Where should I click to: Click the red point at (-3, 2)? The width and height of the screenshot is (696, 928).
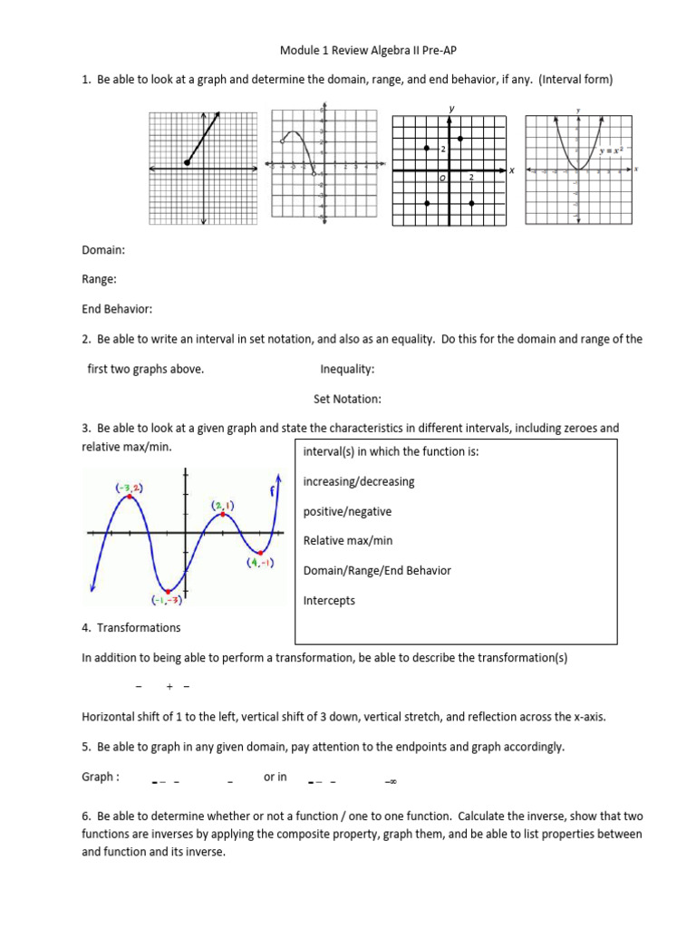(x=130, y=497)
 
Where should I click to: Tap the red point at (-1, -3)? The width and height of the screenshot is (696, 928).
(x=168, y=591)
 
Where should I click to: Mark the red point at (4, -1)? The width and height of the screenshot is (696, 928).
(x=261, y=552)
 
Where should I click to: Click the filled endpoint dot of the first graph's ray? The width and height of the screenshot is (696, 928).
(x=187, y=162)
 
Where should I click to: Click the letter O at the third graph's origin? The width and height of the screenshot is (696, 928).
(x=442, y=179)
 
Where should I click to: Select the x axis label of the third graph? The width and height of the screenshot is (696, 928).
(x=511, y=170)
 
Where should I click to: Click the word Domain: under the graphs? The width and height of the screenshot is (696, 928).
(x=103, y=249)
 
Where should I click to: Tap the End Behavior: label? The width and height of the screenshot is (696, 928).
(x=117, y=309)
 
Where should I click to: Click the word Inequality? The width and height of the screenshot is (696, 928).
(x=347, y=369)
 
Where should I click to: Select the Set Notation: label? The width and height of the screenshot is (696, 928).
(x=347, y=399)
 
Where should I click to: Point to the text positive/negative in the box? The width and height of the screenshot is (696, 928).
(x=347, y=511)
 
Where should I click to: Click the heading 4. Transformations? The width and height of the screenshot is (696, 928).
(x=131, y=627)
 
